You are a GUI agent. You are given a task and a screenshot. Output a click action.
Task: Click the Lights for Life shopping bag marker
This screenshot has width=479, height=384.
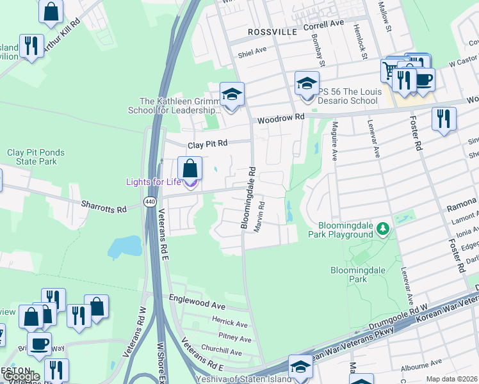click(190, 169)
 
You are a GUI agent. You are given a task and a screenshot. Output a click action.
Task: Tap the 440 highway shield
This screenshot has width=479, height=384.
click(149, 202)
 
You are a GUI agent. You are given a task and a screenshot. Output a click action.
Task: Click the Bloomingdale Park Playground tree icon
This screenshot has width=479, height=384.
click(383, 228)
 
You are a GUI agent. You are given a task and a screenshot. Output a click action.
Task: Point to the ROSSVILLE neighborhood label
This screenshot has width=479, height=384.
click(273, 31)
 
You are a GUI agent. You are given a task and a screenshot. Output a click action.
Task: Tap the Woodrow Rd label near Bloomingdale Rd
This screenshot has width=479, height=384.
click(280, 118)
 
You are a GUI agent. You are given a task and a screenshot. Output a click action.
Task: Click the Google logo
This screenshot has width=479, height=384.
click(21, 376)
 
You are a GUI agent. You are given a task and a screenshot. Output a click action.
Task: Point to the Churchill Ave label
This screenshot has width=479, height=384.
click(222, 353)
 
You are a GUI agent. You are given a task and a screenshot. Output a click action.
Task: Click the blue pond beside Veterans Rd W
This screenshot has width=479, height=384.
click(126, 246)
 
